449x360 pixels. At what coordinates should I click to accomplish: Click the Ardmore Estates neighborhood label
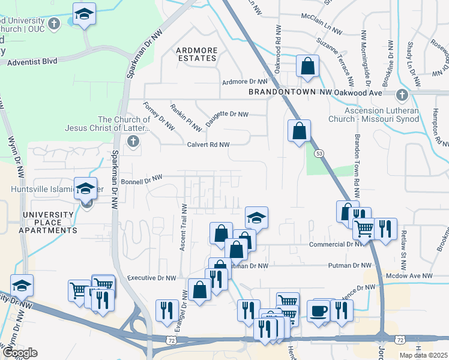(x=196, y=54)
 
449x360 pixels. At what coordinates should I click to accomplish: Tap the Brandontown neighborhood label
(x=282, y=93)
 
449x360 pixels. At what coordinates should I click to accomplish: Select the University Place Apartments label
(x=50, y=222)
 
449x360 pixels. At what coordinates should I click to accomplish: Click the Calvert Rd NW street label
(x=208, y=145)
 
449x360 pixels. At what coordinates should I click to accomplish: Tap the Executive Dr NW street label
(x=152, y=278)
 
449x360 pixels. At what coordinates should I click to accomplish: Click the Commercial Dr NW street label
(x=336, y=244)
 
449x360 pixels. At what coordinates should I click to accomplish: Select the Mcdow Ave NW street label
(x=410, y=275)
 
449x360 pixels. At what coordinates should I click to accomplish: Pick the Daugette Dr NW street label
(x=227, y=114)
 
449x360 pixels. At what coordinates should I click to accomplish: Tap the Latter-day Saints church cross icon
(x=133, y=142)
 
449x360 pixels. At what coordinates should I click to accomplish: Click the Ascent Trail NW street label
(x=185, y=227)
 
